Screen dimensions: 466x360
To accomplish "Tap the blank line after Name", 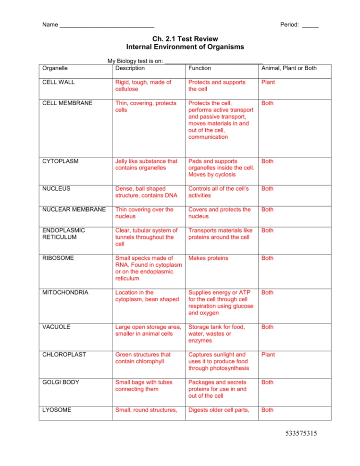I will point(107,25).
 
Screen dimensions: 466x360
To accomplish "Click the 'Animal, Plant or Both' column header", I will point(289,68).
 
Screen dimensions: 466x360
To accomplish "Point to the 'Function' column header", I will point(199,68).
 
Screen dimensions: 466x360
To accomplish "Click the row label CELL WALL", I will point(58,82).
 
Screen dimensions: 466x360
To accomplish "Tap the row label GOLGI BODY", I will point(62,382).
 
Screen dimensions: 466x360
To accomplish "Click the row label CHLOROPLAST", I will point(64,355).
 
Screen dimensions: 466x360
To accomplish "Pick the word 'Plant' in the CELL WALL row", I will point(268,82).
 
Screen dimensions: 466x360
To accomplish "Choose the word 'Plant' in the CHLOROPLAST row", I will point(268,355).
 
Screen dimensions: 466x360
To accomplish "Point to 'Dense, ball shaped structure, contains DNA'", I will point(146,192).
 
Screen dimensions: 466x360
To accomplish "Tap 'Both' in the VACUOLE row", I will point(267,327).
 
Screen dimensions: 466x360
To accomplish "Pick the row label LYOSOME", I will point(57,410).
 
